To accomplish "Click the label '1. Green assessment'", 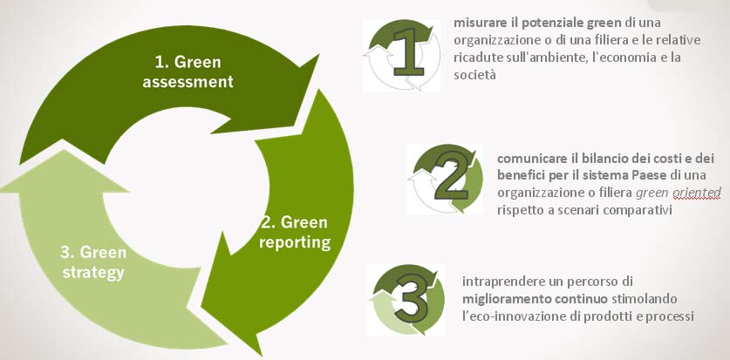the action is click(188, 72).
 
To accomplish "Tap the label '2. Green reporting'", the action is click(295, 232).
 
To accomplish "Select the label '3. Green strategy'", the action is click(93, 262).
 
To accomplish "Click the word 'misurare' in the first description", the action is click(474, 23).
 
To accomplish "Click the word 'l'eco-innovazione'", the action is click(506, 316).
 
